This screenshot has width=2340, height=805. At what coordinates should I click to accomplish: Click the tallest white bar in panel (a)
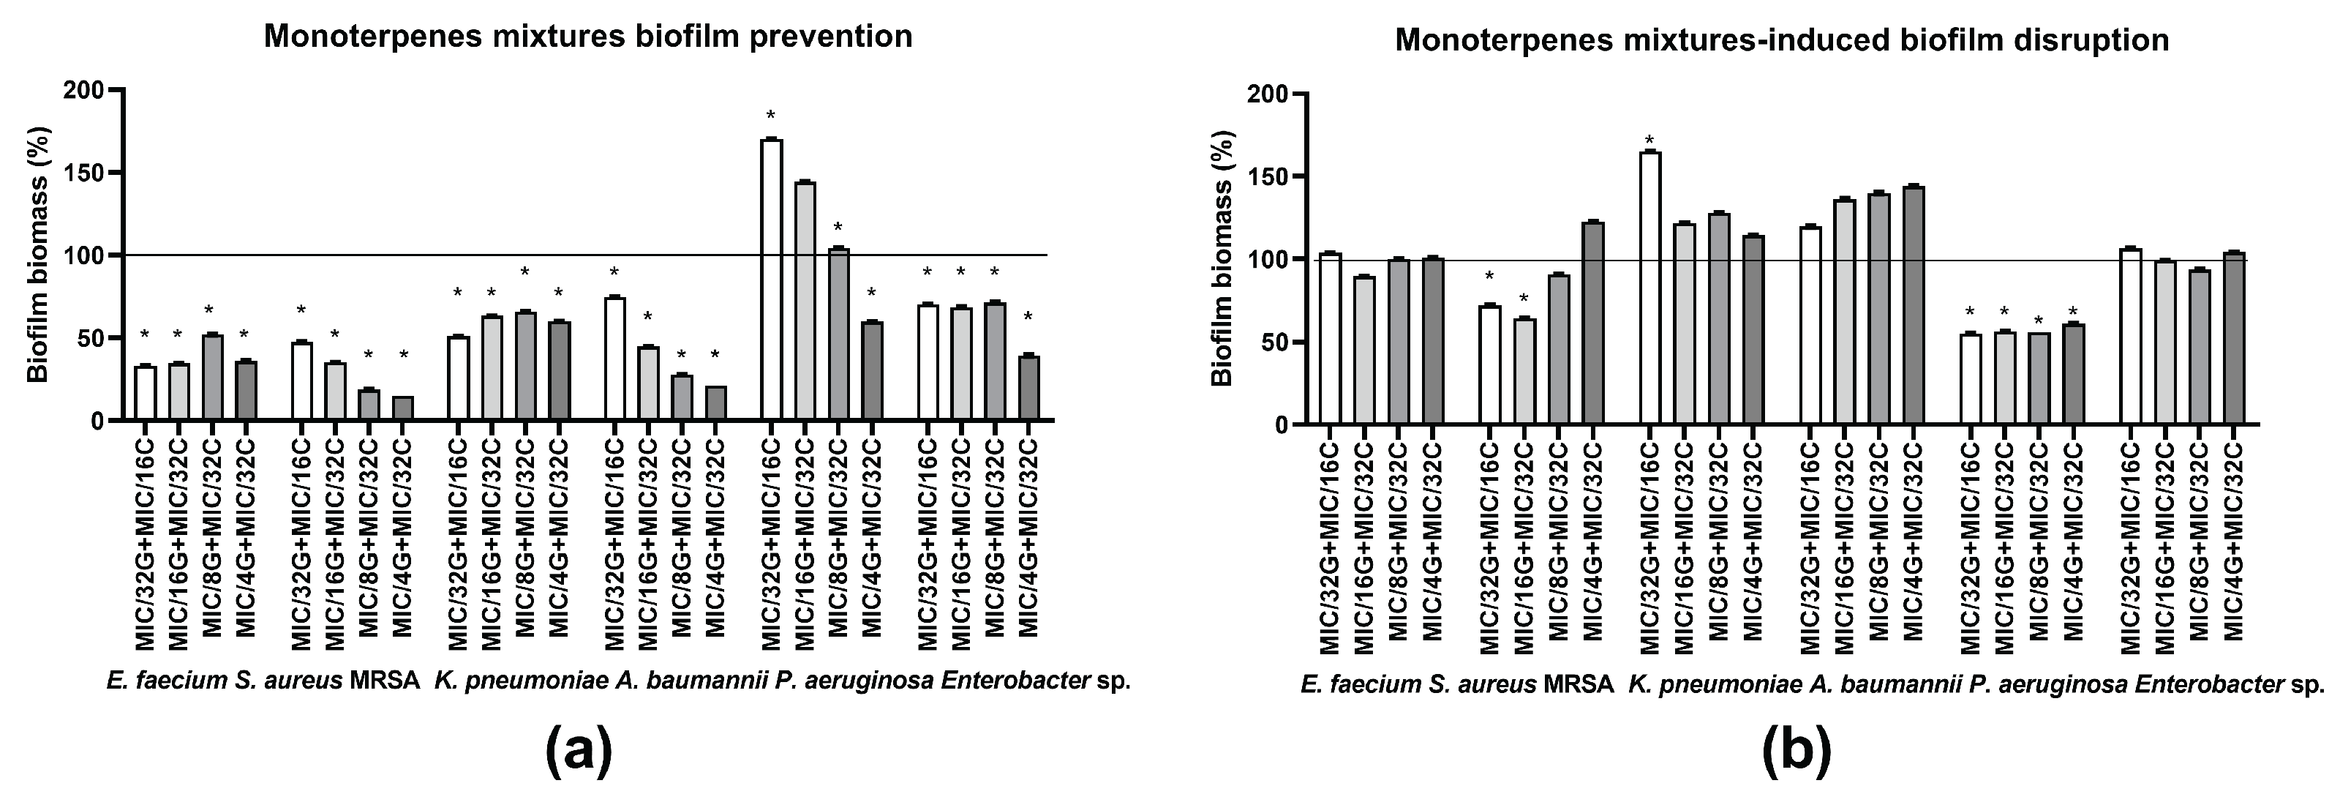coord(771,280)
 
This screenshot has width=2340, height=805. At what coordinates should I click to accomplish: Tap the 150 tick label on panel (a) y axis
coord(83,173)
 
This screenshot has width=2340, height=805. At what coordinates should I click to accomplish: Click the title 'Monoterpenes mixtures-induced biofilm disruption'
coord(1783,41)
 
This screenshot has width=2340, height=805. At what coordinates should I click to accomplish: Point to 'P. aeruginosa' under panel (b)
coord(2006,684)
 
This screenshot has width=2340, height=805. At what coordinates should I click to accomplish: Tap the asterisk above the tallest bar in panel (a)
coord(771,116)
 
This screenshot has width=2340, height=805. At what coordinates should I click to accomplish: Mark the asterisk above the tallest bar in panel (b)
coord(1649,141)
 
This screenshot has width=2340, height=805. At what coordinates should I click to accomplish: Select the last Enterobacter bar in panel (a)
coord(1028,388)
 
